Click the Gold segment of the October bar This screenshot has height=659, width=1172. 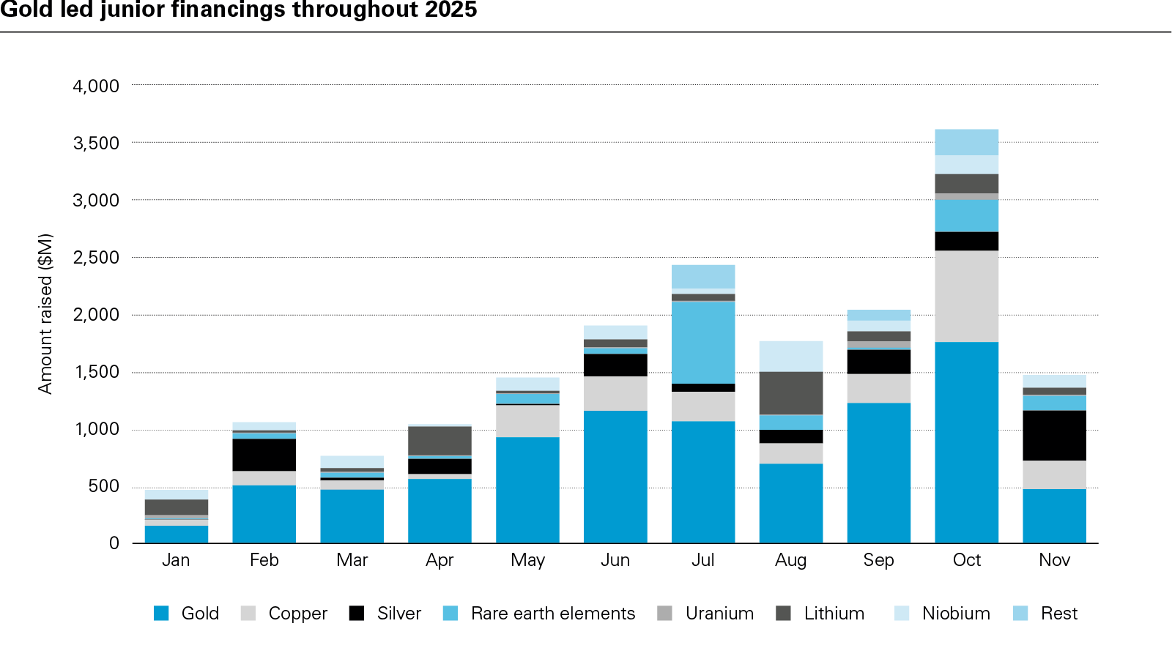(x=966, y=442)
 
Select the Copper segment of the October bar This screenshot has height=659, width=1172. (x=966, y=296)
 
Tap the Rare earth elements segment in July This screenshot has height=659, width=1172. (x=703, y=342)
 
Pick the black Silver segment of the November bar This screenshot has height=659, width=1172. (x=1054, y=435)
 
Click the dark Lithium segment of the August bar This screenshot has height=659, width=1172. (x=790, y=393)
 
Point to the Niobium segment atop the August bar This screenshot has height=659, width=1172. (x=790, y=356)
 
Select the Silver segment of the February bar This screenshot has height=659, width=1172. (x=264, y=455)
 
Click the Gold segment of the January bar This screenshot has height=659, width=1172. (x=176, y=534)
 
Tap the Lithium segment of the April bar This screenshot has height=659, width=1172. (x=439, y=441)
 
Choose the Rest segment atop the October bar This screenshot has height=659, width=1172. (x=966, y=142)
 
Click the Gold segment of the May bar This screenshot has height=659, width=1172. (x=527, y=490)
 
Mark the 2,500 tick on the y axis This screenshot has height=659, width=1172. (x=96, y=258)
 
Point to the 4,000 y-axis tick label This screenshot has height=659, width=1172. (x=96, y=86)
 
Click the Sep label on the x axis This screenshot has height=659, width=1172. (x=878, y=560)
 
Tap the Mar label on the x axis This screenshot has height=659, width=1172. (x=352, y=560)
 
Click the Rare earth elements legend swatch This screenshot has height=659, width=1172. (x=450, y=614)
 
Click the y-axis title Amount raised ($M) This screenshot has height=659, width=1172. (x=45, y=313)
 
